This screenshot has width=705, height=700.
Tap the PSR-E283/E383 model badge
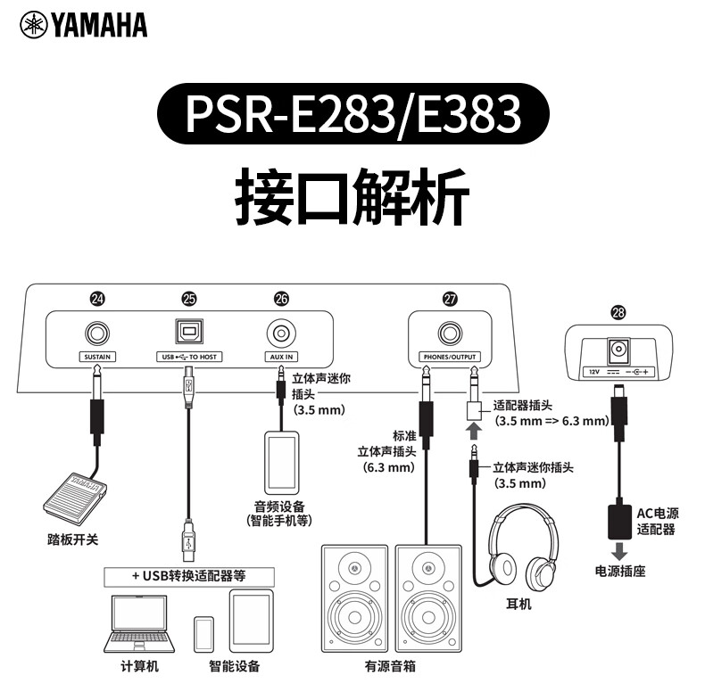coord(352,112)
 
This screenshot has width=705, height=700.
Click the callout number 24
coord(97,301)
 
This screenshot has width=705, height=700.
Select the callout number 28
coord(618,312)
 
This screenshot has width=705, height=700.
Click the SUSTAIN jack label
coord(97,357)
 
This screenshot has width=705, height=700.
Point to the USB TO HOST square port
coord(188,333)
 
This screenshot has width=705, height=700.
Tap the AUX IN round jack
coord(281,334)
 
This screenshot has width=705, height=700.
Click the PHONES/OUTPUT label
coord(450,357)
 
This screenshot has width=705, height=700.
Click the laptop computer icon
coord(139,622)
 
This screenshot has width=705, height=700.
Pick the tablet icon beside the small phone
coord(249,616)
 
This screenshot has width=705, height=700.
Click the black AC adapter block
coord(618,517)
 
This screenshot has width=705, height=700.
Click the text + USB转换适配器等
coord(188,575)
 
